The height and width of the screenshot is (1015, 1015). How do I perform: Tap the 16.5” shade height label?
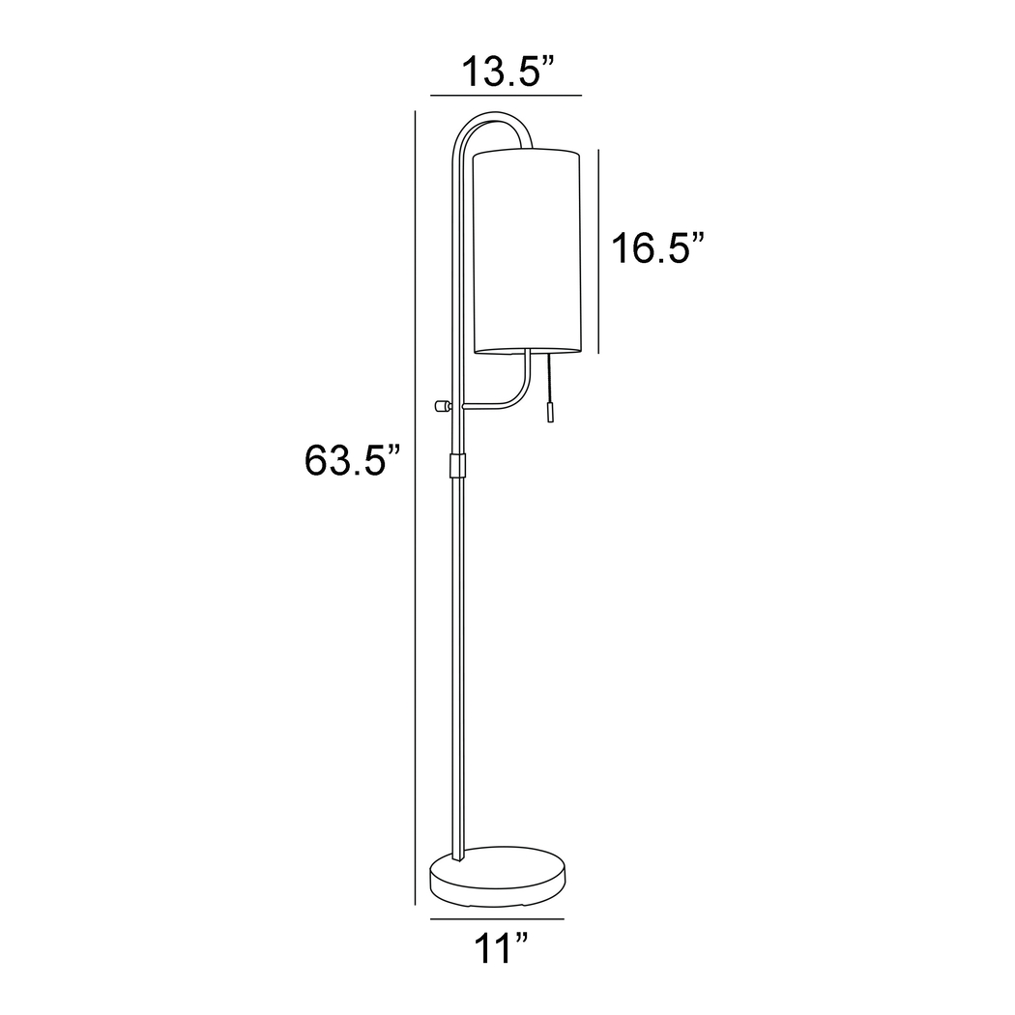coord(653,248)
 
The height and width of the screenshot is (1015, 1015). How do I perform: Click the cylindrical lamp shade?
coord(527,251)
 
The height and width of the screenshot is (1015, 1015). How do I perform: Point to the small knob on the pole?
coord(444,406)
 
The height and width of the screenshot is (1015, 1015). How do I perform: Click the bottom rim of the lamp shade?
coord(527,350)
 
